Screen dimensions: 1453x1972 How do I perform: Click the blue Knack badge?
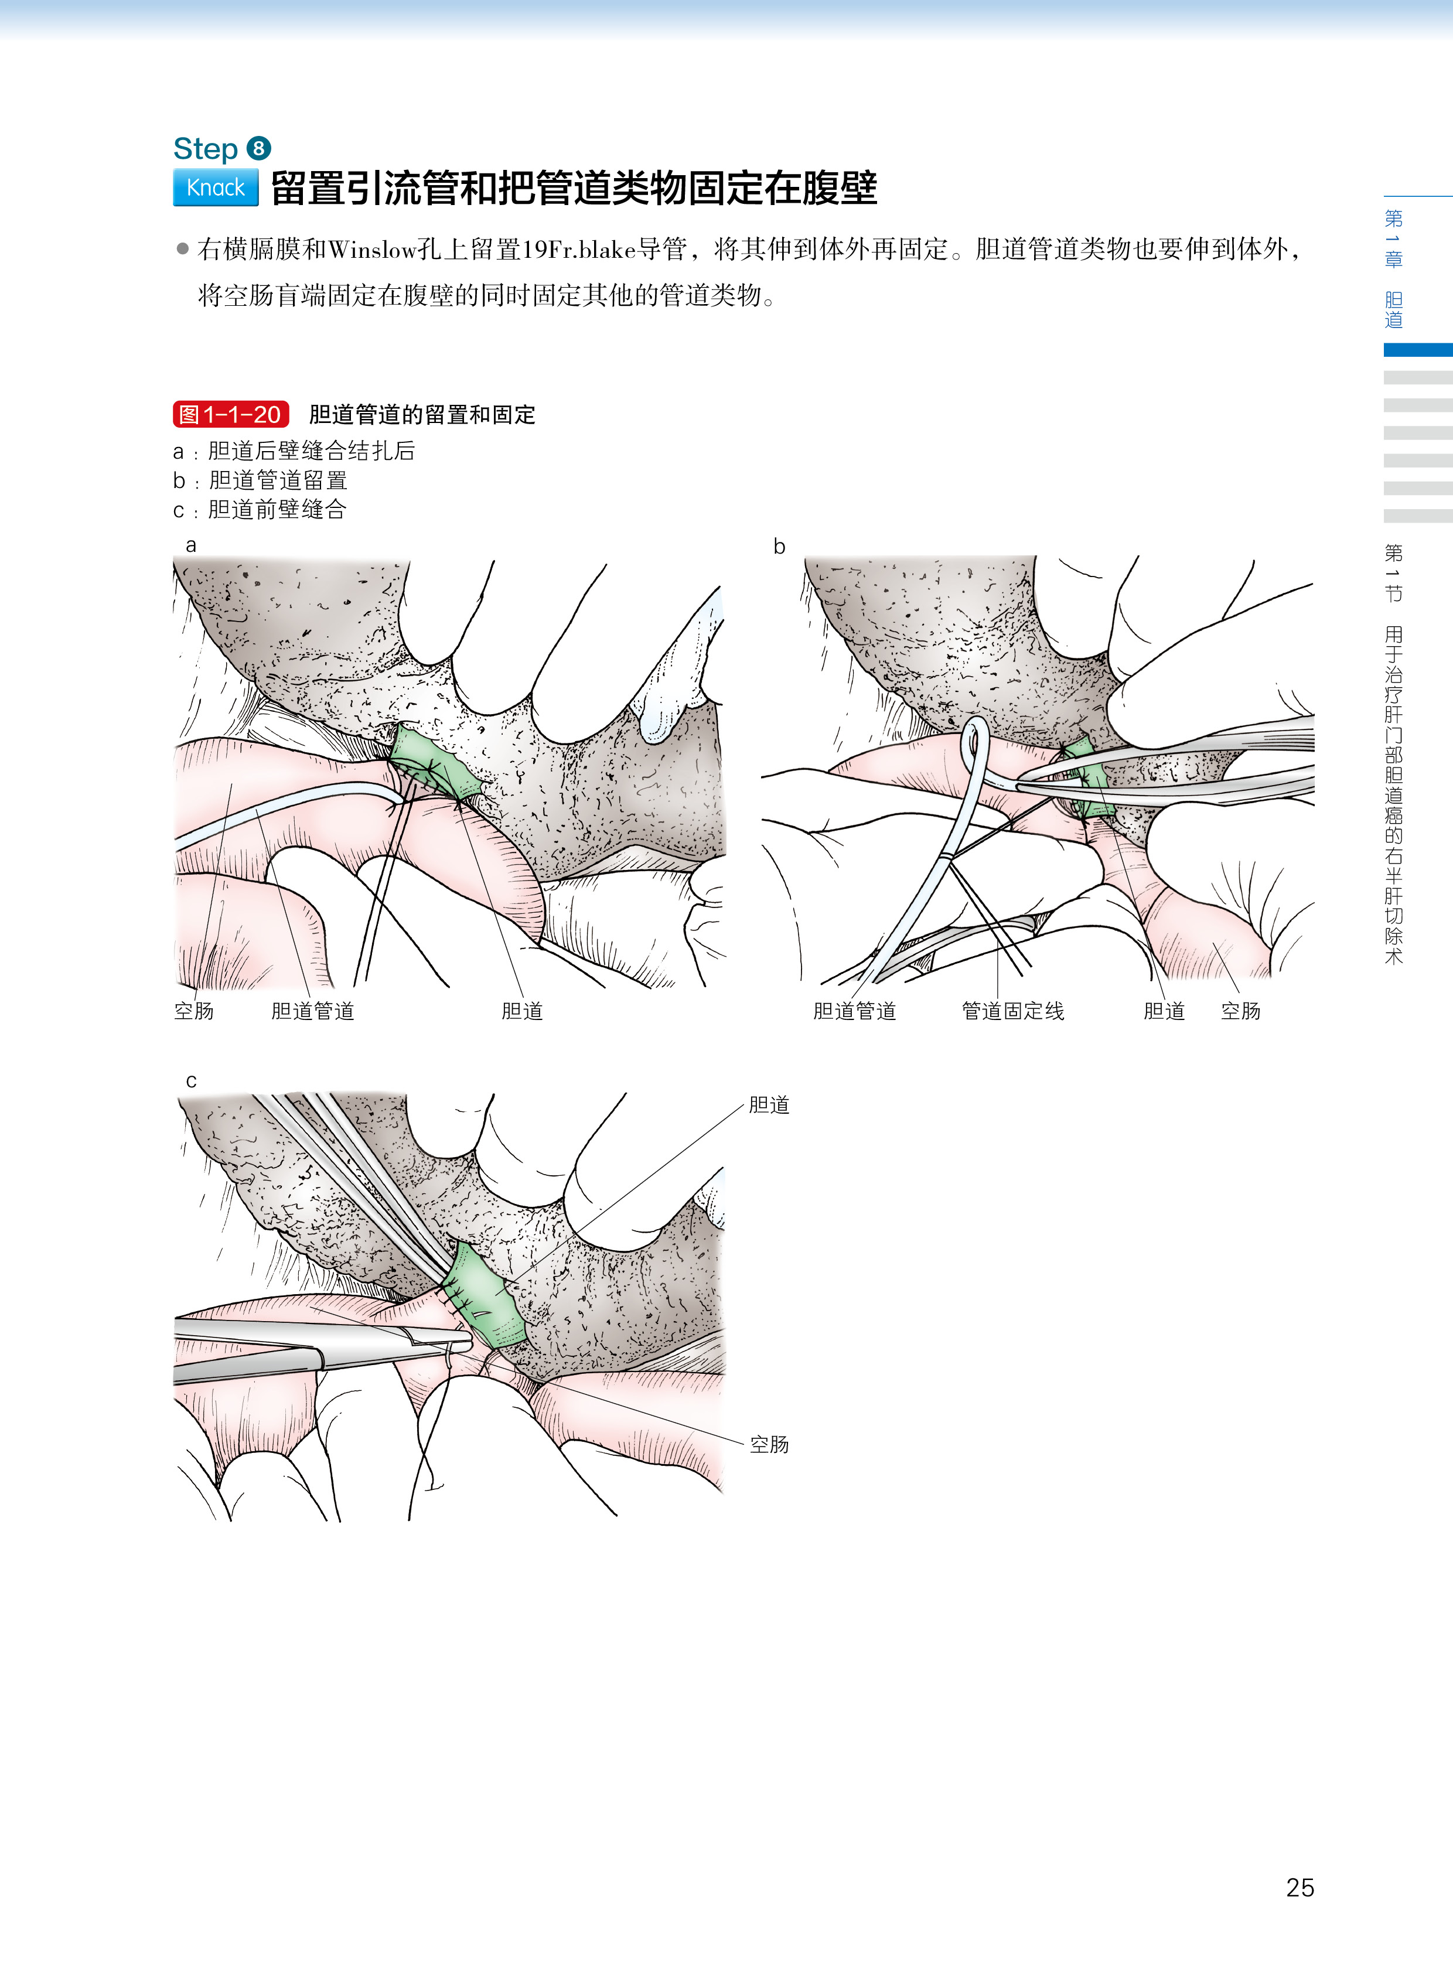click(x=216, y=187)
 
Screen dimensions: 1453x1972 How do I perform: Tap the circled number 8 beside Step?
click(x=258, y=149)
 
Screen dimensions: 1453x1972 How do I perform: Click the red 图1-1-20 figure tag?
click(x=230, y=414)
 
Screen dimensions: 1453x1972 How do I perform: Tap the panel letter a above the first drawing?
click(x=191, y=545)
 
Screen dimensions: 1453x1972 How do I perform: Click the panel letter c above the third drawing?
click(x=191, y=1081)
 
